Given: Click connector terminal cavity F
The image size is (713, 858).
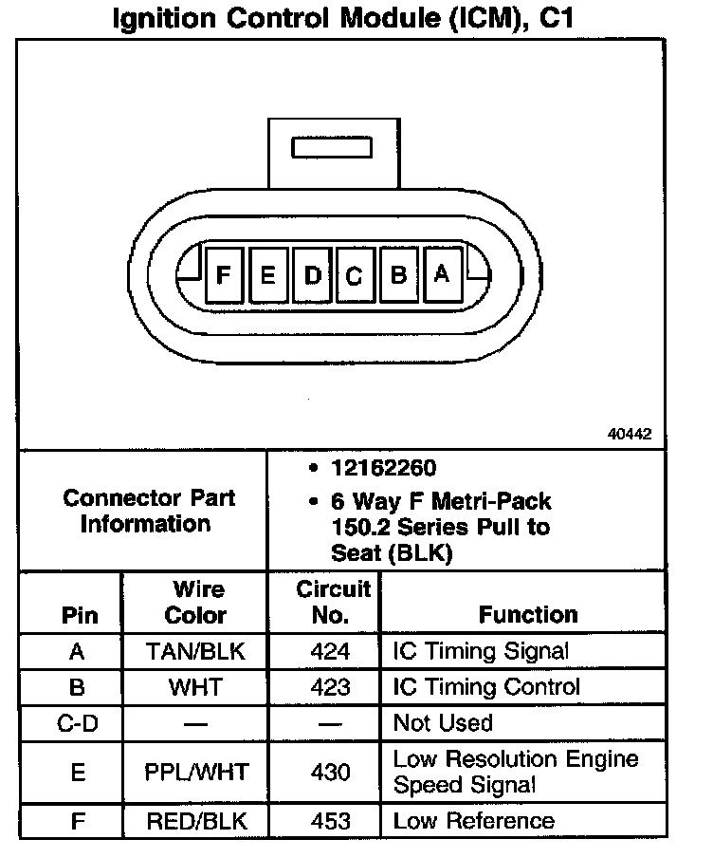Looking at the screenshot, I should [x=224, y=275].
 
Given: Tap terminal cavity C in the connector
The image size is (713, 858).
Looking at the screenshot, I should [x=354, y=276].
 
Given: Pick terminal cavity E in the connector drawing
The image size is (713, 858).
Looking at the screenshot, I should [x=268, y=275].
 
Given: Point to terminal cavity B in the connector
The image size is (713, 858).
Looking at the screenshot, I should [x=399, y=275].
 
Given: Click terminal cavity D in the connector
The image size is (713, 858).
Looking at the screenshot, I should [x=312, y=275].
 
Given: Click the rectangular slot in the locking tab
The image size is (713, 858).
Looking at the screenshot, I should [x=334, y=148].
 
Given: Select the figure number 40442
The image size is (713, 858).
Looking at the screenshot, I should [x=630, y=434].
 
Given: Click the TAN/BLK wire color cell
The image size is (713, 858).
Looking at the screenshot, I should [x=195, y=651].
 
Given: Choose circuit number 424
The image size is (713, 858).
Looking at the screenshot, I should [x=330, y=651].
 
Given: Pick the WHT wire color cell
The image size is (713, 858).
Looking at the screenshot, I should [x=195, y=687].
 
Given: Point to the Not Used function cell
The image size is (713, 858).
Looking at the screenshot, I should [x=443, y=723].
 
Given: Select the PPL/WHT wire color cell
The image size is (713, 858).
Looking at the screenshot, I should [x=196, y=773].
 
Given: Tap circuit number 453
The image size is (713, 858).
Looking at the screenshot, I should [x=330, y=821].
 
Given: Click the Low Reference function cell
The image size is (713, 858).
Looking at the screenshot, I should [x=473, y=821].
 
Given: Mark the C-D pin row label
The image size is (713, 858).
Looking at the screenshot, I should [x=80, y=723].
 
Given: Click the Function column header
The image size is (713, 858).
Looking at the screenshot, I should [x=528, y=614].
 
